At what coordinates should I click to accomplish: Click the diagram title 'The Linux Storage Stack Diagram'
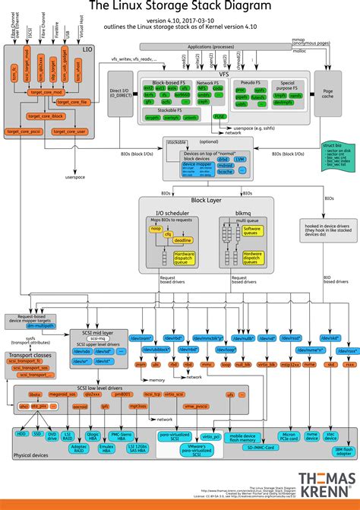pyautogui.click(x=179, y=7)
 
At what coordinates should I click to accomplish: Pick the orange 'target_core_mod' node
pyautogui.click(x=46, y=92)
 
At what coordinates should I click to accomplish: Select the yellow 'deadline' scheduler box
pyautogui.click(x=182, y=239)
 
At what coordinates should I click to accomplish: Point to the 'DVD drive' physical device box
pyautogui.click(x=52, y=436)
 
